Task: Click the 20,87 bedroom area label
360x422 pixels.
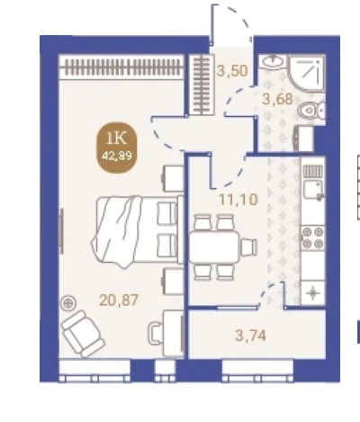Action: (x=119, y=300)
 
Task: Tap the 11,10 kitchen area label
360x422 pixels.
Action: (x=238, y=200)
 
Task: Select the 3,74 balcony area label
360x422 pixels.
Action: (x=250, y=336)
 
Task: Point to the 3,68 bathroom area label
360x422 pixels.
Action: (x=277, y=99)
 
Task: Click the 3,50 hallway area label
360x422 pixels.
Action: (x=232, y=71)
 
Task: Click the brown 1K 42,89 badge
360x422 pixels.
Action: (x=117, y=148)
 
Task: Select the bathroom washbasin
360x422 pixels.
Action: (x=273, y=61)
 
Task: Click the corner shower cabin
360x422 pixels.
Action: (x=307, y=74)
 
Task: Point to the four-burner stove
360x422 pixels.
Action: (x=312, y=238)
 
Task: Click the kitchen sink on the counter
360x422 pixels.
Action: (x=313, y=190)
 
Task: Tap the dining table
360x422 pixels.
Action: (x=214, y=247)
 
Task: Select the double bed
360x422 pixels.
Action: (x=138, y=230)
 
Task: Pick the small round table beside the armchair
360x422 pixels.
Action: (x=68, y=303)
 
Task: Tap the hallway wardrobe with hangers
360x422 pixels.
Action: (x=202, y=85)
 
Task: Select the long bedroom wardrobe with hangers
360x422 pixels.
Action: (x=121, y=67)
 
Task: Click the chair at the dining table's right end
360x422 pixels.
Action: (x=249, y=247)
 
